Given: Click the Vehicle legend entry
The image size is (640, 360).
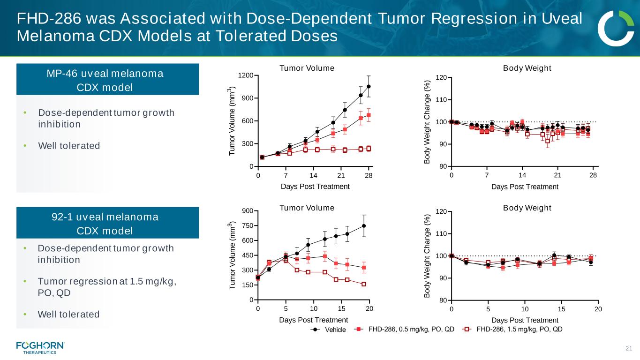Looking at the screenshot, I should coord(328,330).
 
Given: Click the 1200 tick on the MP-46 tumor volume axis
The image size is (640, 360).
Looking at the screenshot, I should coord(248,75).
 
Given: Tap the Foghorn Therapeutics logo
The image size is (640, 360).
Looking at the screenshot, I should coord(40,347).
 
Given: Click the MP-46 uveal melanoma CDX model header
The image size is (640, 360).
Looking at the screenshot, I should coord(108,80).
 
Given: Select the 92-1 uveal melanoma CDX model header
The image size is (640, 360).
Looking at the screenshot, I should coord(108,224).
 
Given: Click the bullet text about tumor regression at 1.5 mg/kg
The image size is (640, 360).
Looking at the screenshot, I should coord(108,287).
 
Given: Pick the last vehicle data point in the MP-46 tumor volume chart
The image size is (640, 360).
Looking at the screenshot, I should coord(369,86).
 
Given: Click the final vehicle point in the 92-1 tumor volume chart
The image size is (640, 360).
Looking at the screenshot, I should coord(364,226).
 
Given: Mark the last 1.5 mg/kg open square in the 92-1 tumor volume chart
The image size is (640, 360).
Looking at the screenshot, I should coord(364,284).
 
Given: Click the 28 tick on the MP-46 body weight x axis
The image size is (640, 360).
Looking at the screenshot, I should coord(593,175).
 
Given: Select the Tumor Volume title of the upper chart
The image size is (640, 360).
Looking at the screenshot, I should coord(307,68).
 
